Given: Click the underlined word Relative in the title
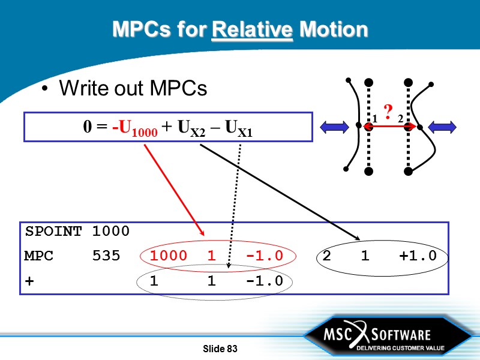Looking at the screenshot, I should [x=253, y=29].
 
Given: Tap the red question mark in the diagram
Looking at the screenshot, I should [x=388, y=111].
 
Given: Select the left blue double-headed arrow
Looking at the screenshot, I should [x=335, y=126].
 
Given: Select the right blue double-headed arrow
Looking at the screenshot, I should [x=443, y=126].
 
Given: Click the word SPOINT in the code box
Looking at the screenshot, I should [x=53, y=231].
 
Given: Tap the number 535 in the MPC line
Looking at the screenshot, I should [x=106, y=256].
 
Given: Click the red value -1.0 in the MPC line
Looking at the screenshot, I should [x=264, y=256].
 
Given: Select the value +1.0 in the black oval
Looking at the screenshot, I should [x=417, y=256].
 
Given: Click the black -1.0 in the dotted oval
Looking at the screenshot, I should [x=264, y=281].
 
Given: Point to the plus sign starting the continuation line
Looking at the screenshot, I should [x=29, y=281].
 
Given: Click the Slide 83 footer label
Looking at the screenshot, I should [x=221, y=349].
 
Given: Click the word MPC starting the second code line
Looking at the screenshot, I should [x=39, y=256].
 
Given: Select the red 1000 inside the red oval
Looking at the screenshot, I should [x=164, y=256].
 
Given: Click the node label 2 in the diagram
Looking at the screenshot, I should [x=400, y=119].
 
